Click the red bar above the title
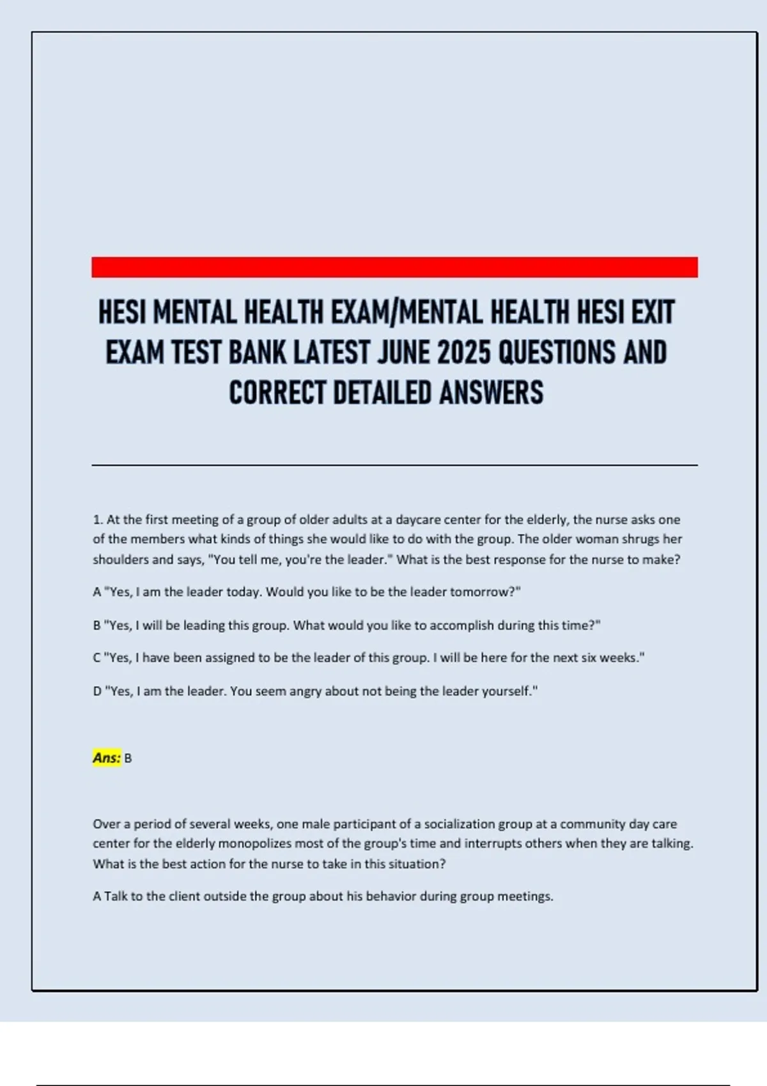pyautogui.click(x=394, y=267)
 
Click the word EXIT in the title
pyautogui.click(x=653, y=312)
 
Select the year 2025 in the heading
pyautogui.click(x=465, y=353)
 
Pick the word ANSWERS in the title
pyautogui.click(x=491, y=393)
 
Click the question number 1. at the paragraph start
pyautogui.click(x=98, y=519)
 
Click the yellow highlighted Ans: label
pyautogui.click(x=106, y=758)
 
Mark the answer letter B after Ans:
pyautogui.click(x=128, y=758)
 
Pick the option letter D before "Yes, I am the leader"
pyautogui.click(x=97, y=691)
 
